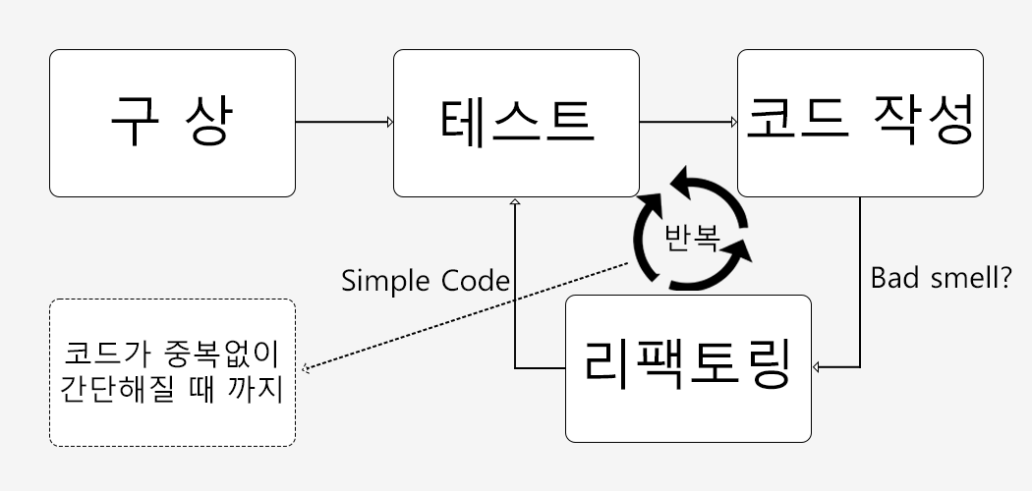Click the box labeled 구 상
pyautogui.click(x=172, y=123)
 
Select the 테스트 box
pyautogui.click(x=516, y=123)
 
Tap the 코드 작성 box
pyautogui.click(x=860, y=123)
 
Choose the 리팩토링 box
pyautogui.click(x=688, y=367)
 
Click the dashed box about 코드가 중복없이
pyautogui.click(x=172, y=373)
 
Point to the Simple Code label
pyautogui.click(x=426, y=281)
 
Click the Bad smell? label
pyautogui.click(x=942, y=278)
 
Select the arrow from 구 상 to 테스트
pyautogui.click(x=344, y=123)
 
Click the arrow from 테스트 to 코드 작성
pyautogui.click(x=688, y=123)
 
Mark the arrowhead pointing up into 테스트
pyautogui.click(x=514, y=202)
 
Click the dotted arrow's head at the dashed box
pyautogui.click(x=305, y=369)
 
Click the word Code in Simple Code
pyautogui.click(x=476, y=281)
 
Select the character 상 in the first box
pyautogui.click(x=211, y=123)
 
